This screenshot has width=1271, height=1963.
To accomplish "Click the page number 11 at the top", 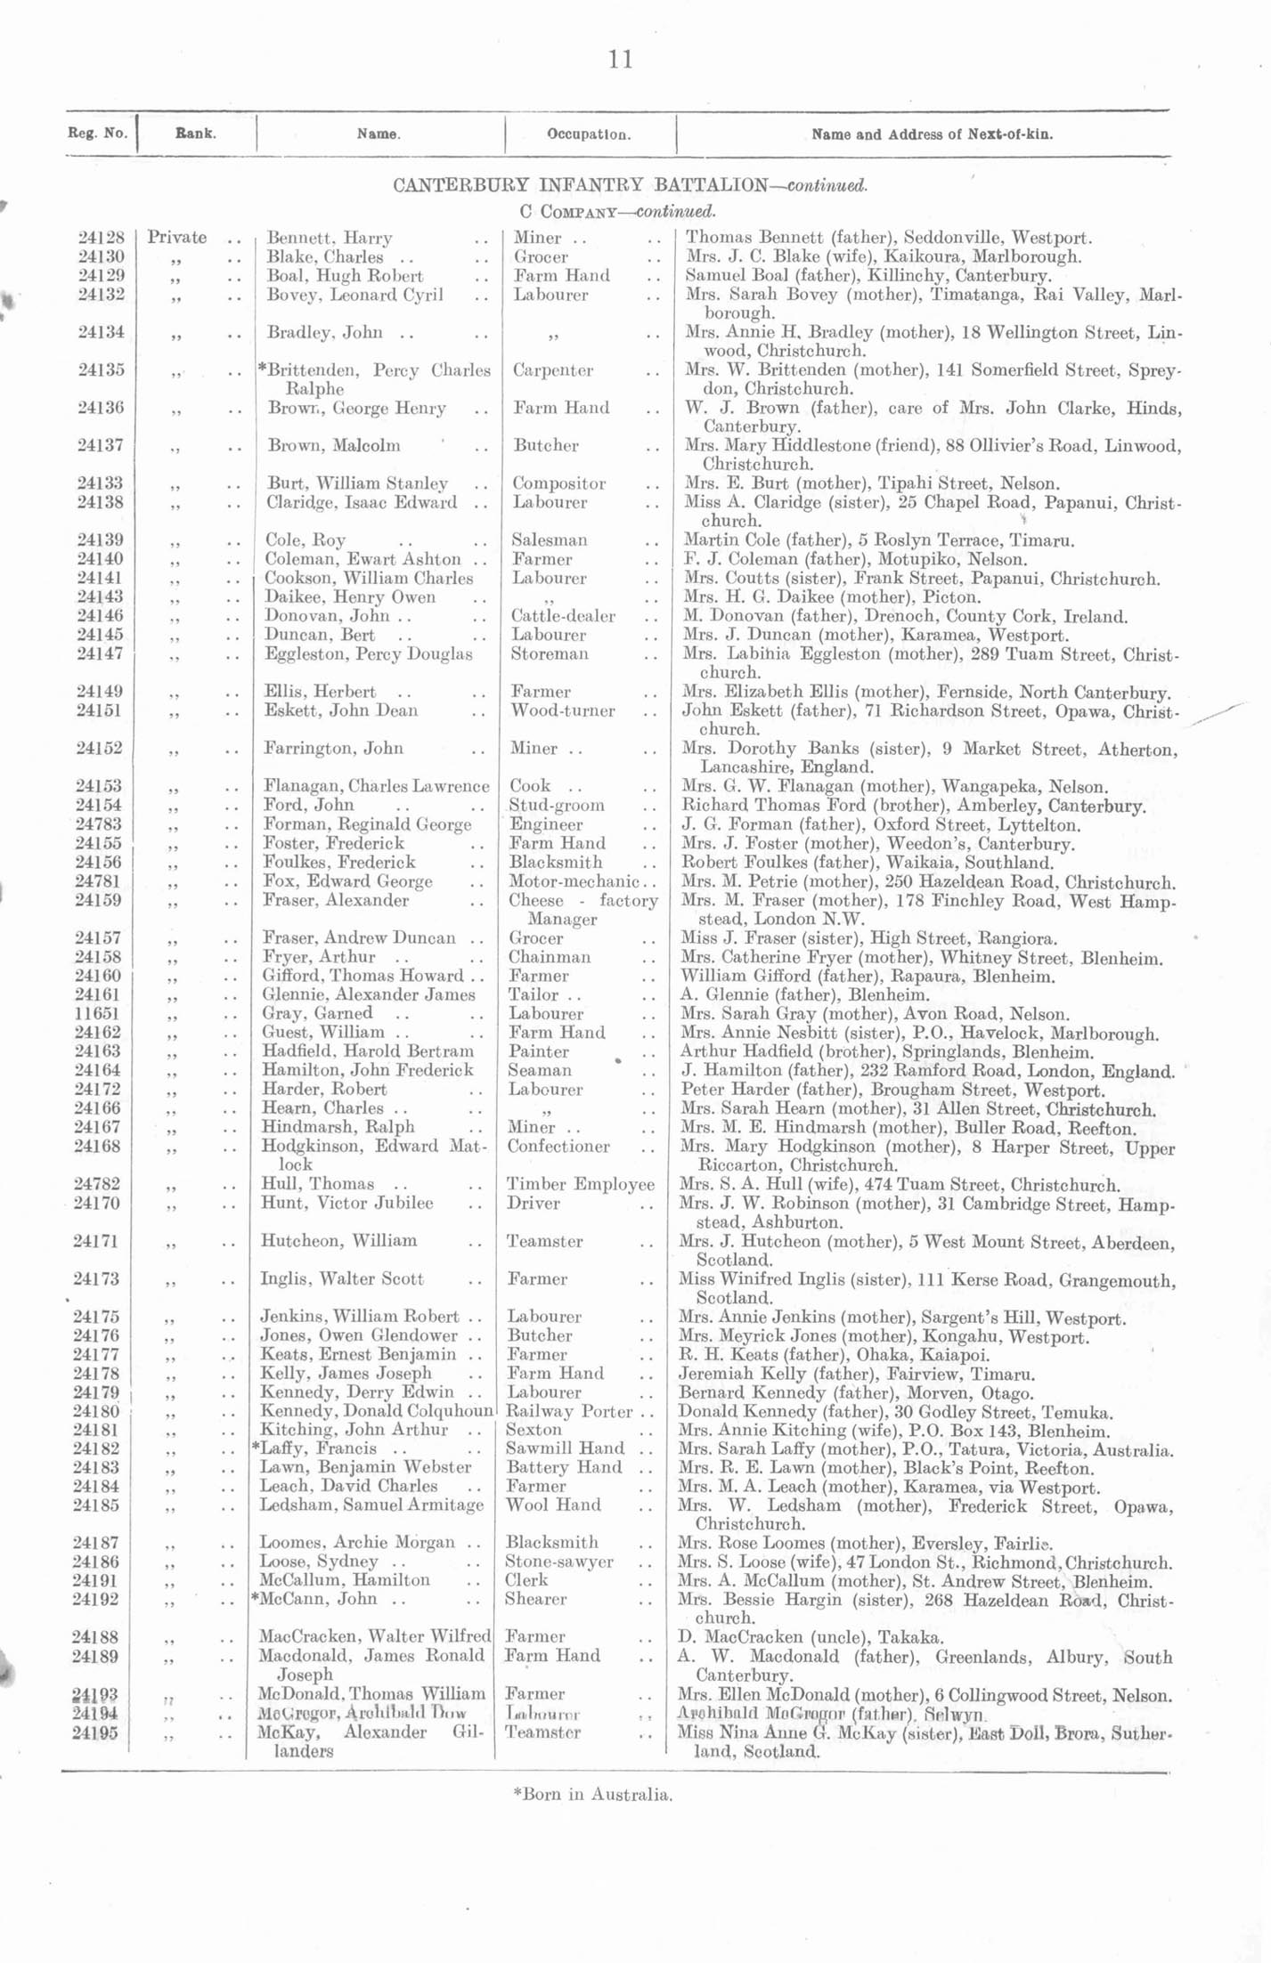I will pyautogui.click(x=621, y=60).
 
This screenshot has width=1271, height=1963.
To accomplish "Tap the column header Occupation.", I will pyautogui.click(x=589, y=135).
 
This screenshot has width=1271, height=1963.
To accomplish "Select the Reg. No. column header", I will pyautogui.click(x=97, y=134).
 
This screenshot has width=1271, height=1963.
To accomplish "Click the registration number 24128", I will pyautogui.click(x=101, y=238).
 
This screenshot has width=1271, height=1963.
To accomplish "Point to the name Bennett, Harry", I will pyautogui.click(x=330, y=239).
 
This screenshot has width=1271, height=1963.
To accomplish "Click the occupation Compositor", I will pyautogui.click(x=558, y=483).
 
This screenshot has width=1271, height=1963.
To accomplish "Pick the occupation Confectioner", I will pyautogui.click(x=558, y=1147).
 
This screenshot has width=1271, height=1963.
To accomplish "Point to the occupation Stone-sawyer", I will pyautogui.click(x=558, y=1561).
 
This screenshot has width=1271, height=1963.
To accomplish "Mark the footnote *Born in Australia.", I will pyautogui.click(x=592, y=1794).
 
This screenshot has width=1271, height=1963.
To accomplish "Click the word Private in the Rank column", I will pyautogui.click(x=177, y=238).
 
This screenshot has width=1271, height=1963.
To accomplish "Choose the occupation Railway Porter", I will pyautogui.click(x=568, y=1411).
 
